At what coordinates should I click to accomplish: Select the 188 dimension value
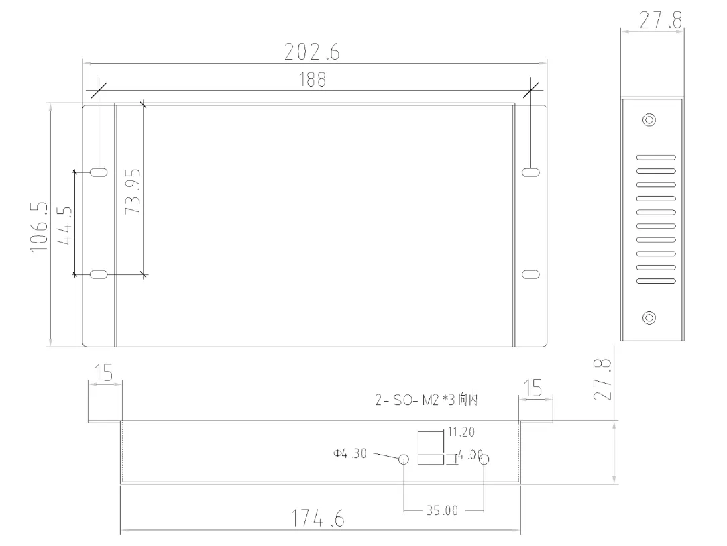click(x=313, y=80)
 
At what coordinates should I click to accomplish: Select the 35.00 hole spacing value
click(x=442, y=510)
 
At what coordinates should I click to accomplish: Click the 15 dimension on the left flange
click(x=103, y=374)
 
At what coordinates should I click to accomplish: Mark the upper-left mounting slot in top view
click(x=99, y=172)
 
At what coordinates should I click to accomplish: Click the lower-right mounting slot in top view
click(x=530, y=275)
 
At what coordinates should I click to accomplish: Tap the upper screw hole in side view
click(x=649, y=121)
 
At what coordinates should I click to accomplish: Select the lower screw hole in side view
click(x=649, y=318)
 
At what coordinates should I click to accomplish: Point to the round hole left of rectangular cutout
click(x=404, y=459)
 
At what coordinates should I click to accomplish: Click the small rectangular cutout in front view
click(x=431, y=459)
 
